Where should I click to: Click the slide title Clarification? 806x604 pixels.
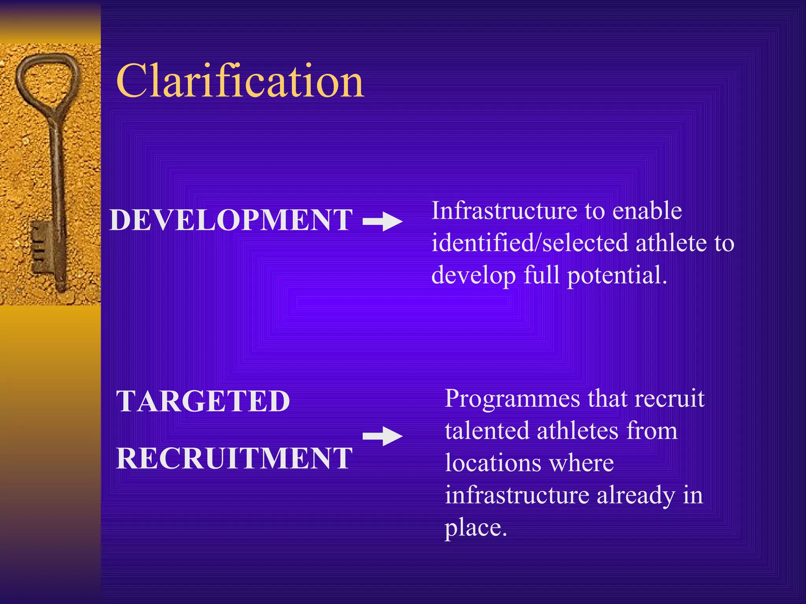tap(240, 81)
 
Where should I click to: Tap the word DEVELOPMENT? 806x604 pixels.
tap(231, 220)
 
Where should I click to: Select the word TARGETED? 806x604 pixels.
tap(203, 401)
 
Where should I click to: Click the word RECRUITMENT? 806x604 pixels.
tap(234, 459)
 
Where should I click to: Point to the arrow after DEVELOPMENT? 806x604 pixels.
tap(383, 221)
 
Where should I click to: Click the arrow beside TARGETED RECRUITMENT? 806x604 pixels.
tap(383, 436)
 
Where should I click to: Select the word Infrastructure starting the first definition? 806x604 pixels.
tap(504, 211)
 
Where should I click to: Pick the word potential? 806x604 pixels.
tap(617, 275)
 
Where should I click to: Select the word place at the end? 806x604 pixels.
tap(475, 528)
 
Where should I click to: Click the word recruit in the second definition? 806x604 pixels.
tap(669, 398)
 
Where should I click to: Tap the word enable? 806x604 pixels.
tap(647, 211)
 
